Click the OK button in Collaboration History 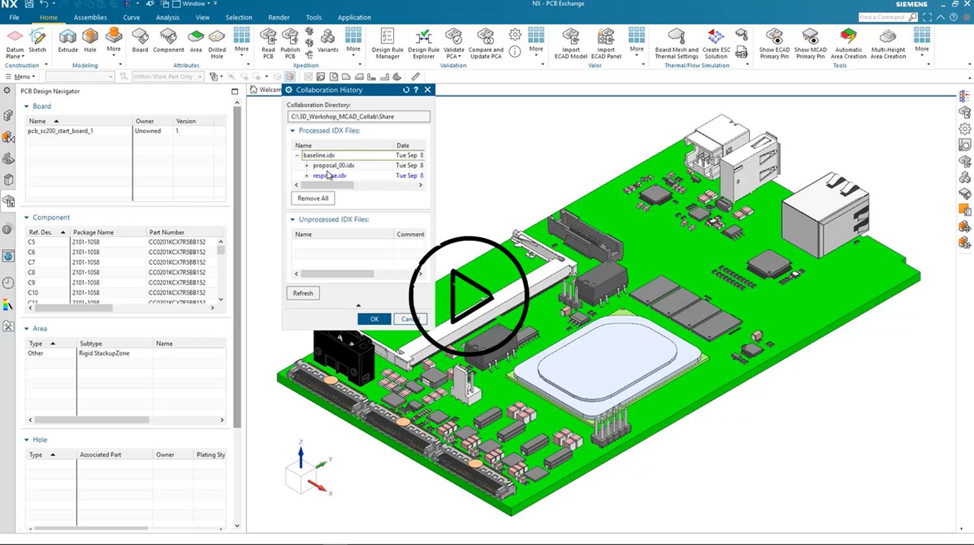click(374, 319)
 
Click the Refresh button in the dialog click(303, 293)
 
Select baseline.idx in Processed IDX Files click(319, 155)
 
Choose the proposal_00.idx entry click(333, 166)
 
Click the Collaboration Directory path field click(358, 117)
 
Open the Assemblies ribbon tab click(90, 18)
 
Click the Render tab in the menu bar click(279, 18)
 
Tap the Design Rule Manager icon click(387, 44)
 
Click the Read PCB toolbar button click(268, 44)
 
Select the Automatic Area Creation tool click(848, 44)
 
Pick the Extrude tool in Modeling click(68, 41)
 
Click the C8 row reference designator click(32, 273)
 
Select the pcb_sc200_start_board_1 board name click(60, 131)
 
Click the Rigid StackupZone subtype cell click(105, 353)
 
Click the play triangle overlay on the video click(469, 296)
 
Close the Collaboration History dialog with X click(428, 90)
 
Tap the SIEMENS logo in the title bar click(912, 5)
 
